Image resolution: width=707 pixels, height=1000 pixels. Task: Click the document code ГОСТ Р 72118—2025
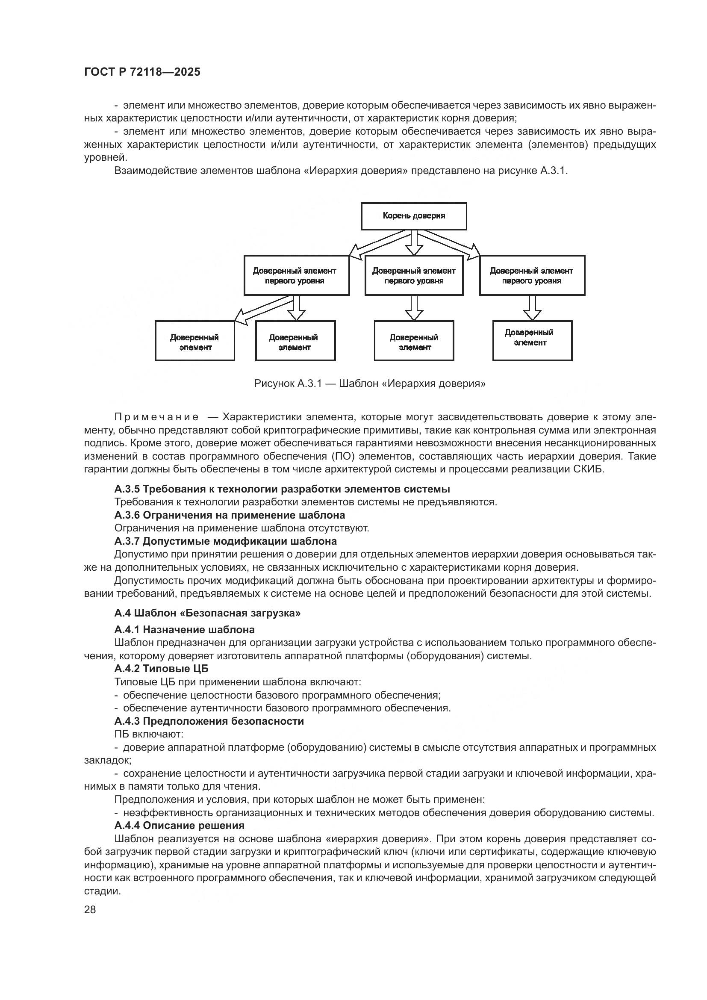[x=142, y=72]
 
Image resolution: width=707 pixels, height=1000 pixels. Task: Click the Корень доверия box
[x=414, y=216]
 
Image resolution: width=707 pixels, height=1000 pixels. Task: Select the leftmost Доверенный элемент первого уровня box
[x=297, y=275]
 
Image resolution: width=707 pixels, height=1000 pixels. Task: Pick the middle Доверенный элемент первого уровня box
[x=414, y=275]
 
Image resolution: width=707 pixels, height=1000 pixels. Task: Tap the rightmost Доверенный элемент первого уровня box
[x=532, y=275]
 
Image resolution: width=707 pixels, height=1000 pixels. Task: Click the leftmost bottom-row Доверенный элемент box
[x=194, y=341]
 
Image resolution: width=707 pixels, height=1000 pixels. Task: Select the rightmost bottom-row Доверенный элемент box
[x=532, y=341]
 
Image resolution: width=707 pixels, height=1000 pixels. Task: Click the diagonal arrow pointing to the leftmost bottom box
[x=261, y=310]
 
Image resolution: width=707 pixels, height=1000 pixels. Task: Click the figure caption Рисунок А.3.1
[x=370, y=383]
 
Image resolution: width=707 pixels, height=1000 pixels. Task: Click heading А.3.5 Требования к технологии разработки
[x=282, y=489]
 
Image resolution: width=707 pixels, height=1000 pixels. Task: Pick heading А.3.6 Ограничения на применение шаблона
[x=230, y=515]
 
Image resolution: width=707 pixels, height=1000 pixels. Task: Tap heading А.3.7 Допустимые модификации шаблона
[x=226, y=541]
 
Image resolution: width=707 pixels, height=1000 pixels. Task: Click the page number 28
[x=90, y=909]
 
